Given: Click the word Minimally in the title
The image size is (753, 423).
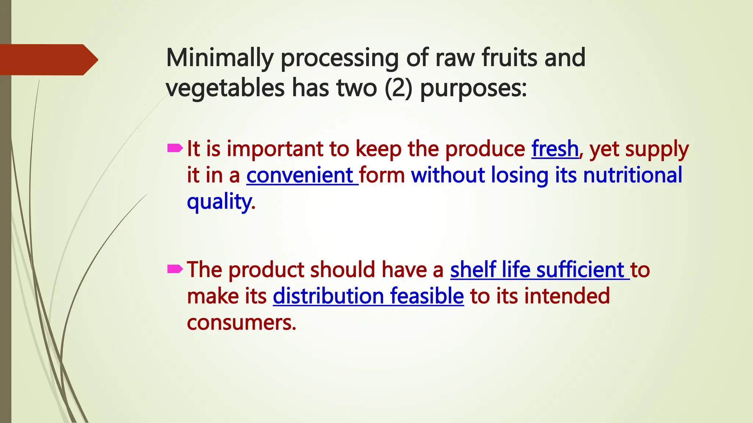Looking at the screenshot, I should [220, 58].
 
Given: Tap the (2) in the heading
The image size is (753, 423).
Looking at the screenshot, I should [398, 88].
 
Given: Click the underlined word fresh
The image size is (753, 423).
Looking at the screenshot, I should [555, 149].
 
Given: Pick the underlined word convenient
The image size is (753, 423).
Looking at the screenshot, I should [300, 176].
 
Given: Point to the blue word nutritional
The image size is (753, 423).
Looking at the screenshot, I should [632, 175].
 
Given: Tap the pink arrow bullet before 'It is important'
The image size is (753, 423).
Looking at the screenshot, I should [175, 148].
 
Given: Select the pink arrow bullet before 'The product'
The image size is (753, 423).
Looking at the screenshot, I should [175, 270].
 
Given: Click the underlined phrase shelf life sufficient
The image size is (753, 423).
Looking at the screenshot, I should [537, 270].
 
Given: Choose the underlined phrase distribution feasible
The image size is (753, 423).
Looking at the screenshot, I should [368, 296].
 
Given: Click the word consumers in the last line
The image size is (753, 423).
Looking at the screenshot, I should [240, 323].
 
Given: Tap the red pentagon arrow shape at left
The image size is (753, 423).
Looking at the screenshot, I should [48, 59].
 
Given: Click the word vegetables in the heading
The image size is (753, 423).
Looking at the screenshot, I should [225, 88].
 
